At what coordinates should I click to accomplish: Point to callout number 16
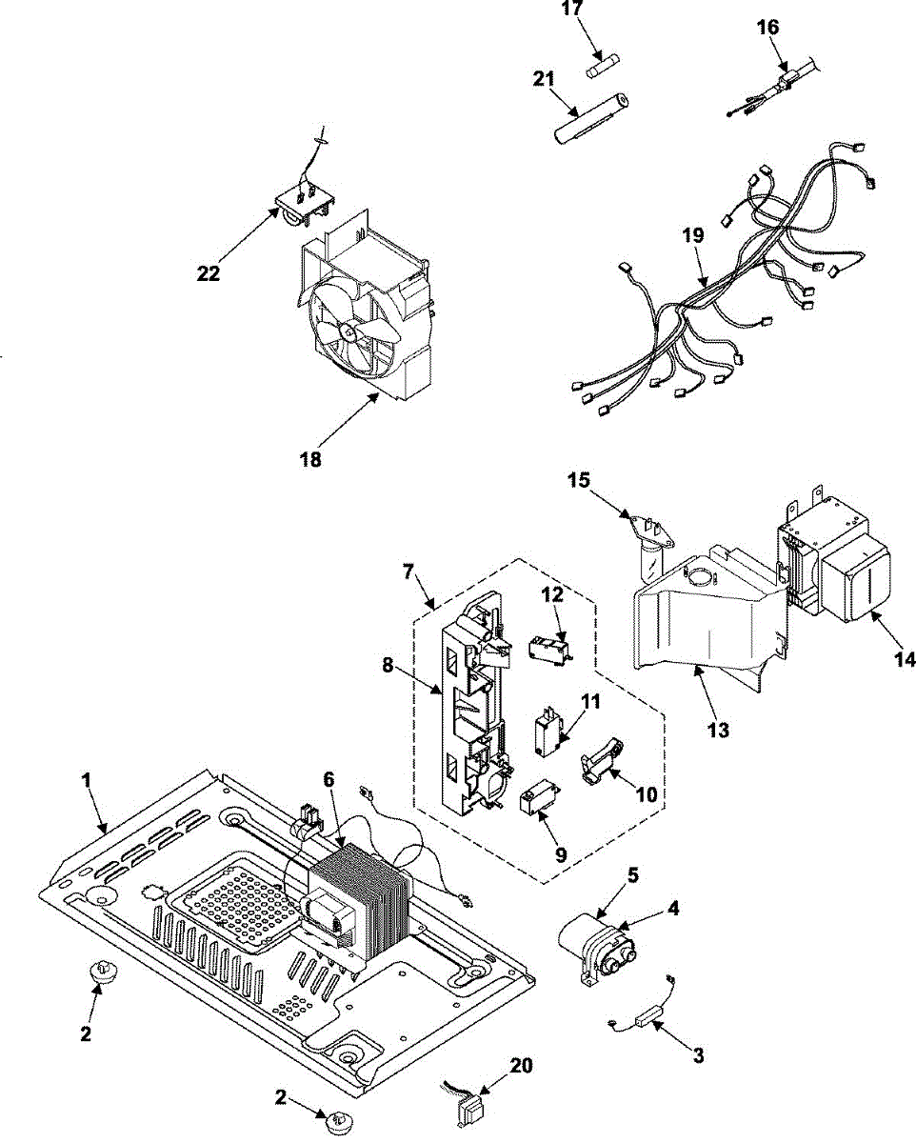click(x=767, y=28)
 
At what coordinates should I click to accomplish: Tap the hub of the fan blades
click(x=348, y=331)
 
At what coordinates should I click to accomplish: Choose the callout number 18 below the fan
click(x=309, y=459)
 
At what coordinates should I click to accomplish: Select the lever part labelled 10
click(x=597, y=762)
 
